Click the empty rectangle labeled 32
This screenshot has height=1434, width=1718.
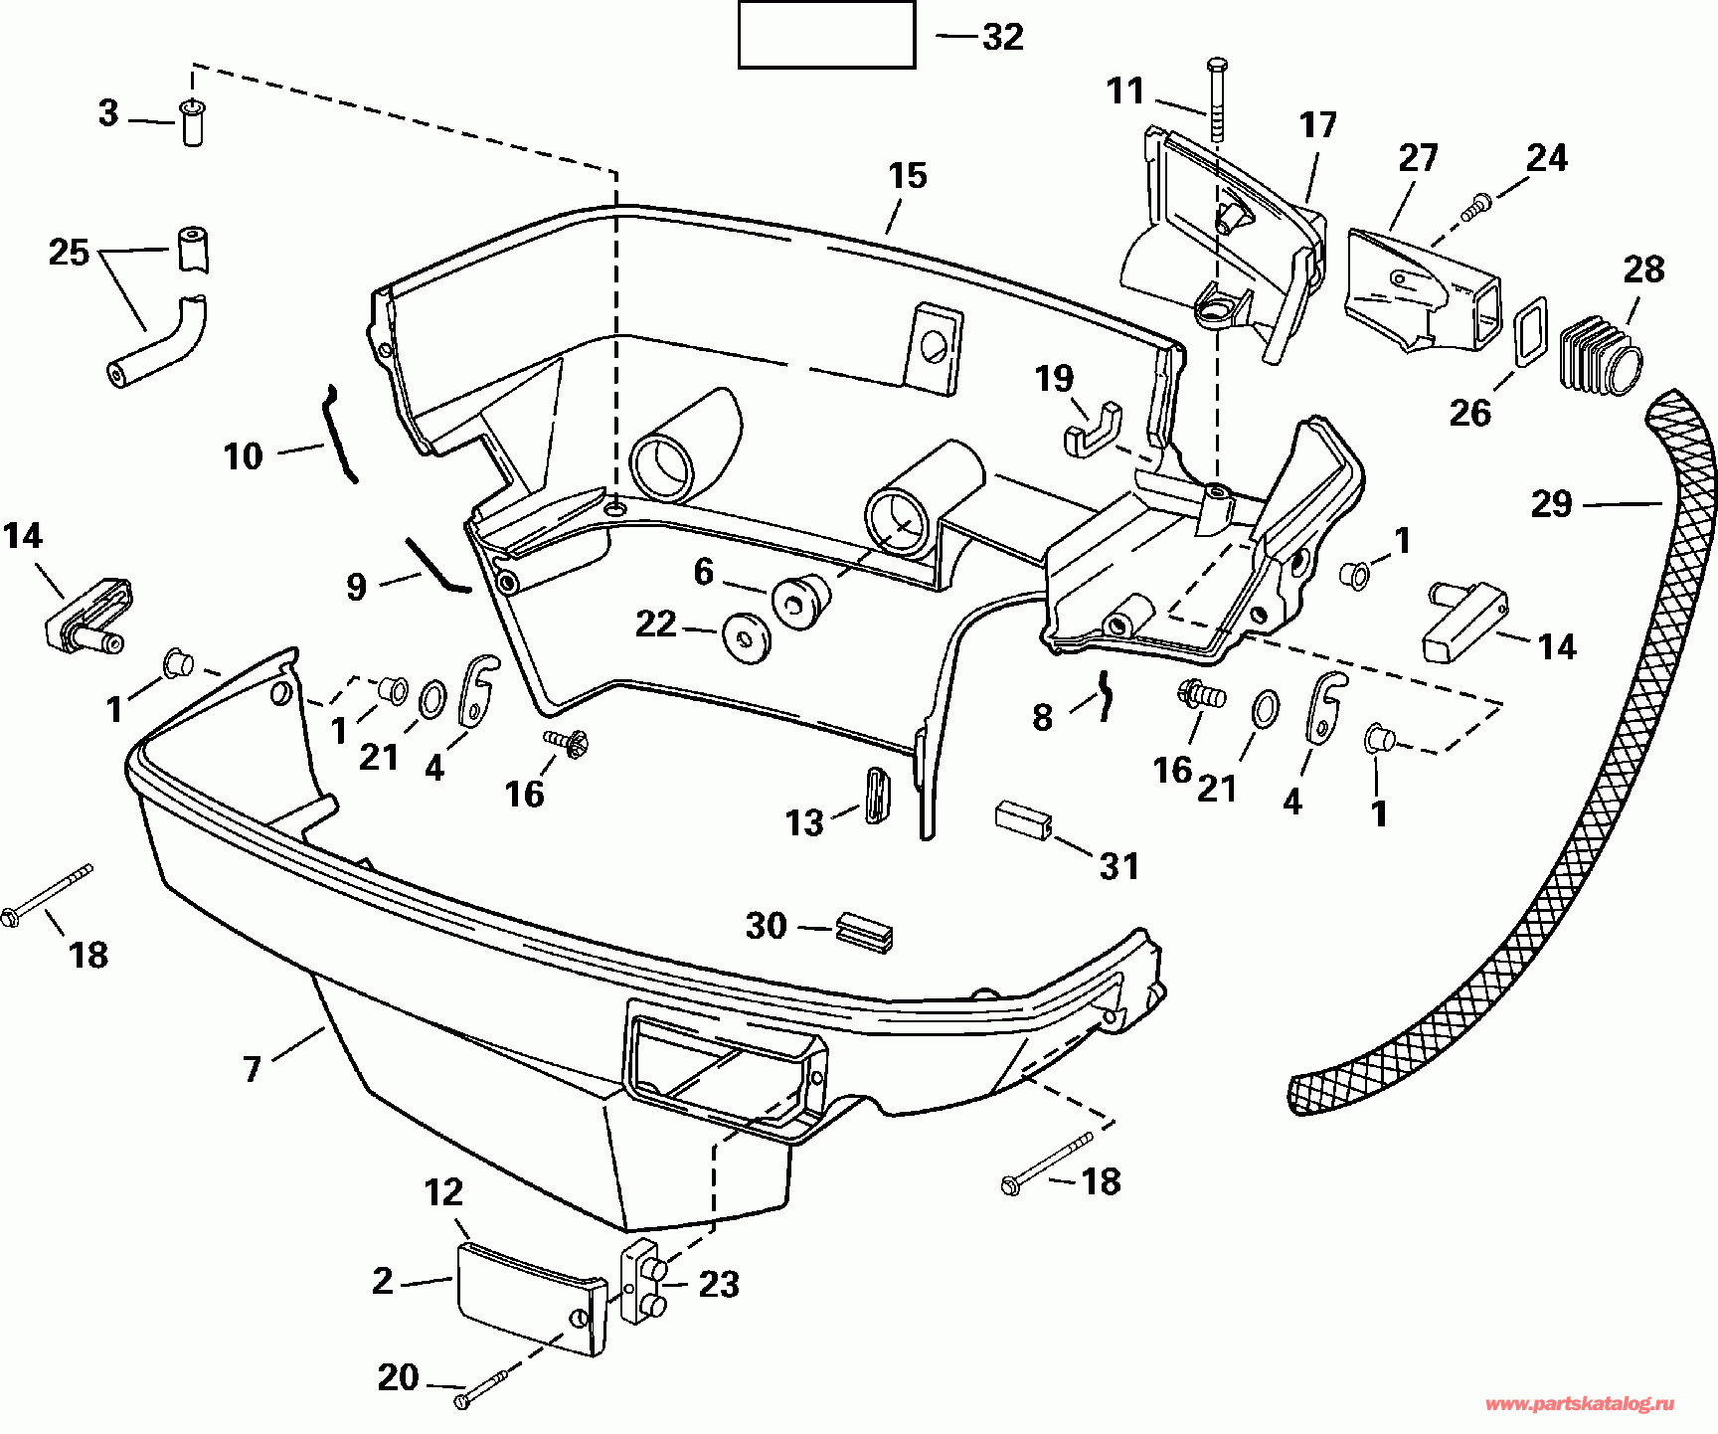click(825, 35)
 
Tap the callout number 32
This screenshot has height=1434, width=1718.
click(1002, 37)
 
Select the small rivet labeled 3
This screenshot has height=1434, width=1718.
click(191, 122)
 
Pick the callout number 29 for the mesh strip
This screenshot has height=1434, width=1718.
click(1551, 504)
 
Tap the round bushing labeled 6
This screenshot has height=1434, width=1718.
click(801, 601)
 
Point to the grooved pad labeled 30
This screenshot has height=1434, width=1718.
click(864, 932)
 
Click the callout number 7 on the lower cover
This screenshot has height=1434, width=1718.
click(253, 1069)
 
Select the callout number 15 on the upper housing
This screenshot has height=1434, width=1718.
click(907, 176)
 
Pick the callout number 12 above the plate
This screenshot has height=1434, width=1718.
click(443, 1192)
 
